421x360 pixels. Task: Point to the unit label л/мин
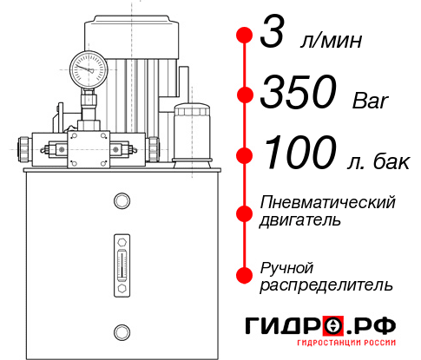329,43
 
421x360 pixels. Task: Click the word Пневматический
328,202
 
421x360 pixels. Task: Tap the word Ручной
286,266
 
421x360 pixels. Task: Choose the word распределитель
326,285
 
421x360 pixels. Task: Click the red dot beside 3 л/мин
244,36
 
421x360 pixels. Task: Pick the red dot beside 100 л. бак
244,154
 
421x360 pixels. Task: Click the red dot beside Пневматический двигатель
244,211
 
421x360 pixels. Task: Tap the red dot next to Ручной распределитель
244,275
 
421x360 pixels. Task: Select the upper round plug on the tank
121,202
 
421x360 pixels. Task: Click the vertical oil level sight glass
121,260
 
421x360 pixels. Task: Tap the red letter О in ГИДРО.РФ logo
332,325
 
